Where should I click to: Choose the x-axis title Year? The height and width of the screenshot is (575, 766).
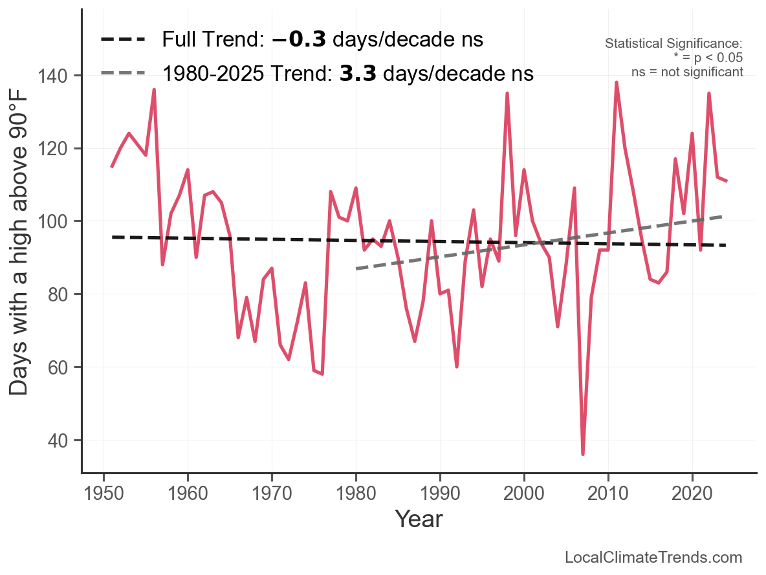[419, 519]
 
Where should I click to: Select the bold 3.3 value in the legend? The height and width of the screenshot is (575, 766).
[358, 74]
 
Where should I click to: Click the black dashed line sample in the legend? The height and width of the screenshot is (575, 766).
[123, 40]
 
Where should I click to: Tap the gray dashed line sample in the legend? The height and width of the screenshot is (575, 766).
[123, 74]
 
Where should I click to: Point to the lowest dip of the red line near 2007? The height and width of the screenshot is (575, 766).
[583, 454]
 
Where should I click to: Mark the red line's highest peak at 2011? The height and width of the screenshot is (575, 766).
[617, 83]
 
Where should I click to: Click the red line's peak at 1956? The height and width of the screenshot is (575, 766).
[154, 90]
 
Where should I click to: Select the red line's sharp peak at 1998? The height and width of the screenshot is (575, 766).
[507, 94]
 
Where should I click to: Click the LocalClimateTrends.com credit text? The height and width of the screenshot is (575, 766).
[653, 558]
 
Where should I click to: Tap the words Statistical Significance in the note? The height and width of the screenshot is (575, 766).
[673, 43]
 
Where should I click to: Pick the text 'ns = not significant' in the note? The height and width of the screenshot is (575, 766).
[687, 72]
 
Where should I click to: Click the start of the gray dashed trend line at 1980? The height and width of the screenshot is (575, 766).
[356, 268]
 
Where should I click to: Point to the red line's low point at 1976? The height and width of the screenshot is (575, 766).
[322, 374]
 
